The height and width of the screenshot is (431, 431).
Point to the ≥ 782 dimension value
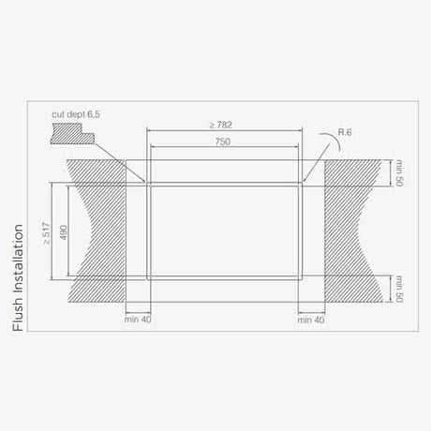click(222, 125)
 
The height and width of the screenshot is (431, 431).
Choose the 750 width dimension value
click(222, 141)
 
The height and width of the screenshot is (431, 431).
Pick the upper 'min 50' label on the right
click(398, 172)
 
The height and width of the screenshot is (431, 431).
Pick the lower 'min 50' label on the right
click(398, 289)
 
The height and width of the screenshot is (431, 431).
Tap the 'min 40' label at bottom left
click(137, 320)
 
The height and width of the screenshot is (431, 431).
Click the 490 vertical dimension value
click(64, 230)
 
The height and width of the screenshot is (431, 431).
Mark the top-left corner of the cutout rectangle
click(148, 184)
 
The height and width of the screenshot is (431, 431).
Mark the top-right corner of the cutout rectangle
click(301, 184)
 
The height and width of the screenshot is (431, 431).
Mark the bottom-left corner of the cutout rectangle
click(148, 278)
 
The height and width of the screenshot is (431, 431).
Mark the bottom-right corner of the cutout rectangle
click(301, 278)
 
